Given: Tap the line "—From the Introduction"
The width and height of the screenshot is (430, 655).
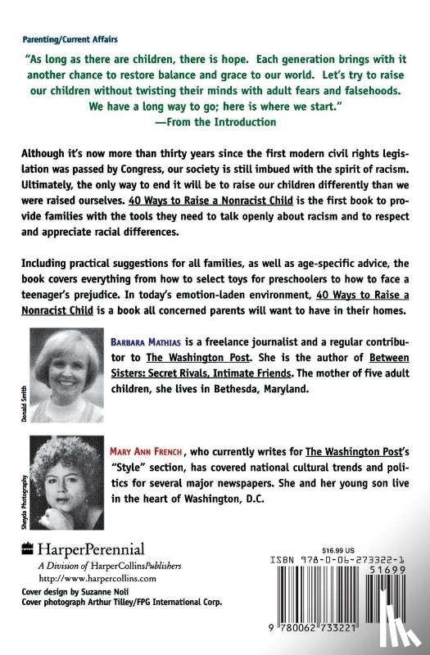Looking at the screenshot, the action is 215,121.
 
